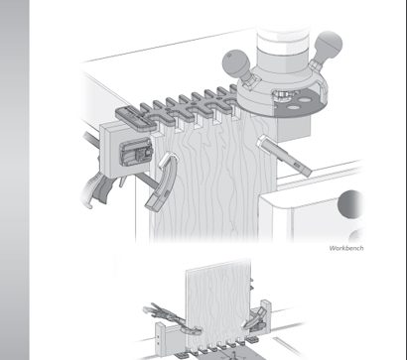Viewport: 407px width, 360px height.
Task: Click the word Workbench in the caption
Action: tap(346, 248)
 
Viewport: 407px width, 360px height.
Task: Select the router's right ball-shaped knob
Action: tap(328, 45)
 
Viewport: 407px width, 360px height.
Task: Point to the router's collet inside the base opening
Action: tap(281, 96)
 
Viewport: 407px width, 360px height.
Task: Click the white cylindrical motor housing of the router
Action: tap(283, 51)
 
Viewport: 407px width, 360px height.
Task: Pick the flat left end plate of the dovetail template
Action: tap(136, 117)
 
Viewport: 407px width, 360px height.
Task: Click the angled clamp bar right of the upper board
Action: tap(284, 156)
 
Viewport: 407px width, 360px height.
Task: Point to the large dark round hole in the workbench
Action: tap(350, 204)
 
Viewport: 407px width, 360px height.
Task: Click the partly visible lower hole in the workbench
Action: tap(356, 236)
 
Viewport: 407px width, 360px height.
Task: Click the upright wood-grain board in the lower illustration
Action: tap(218, 305)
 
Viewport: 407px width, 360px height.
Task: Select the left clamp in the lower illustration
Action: tap(172, 318)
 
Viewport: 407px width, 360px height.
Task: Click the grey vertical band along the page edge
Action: tap(15, 180)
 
